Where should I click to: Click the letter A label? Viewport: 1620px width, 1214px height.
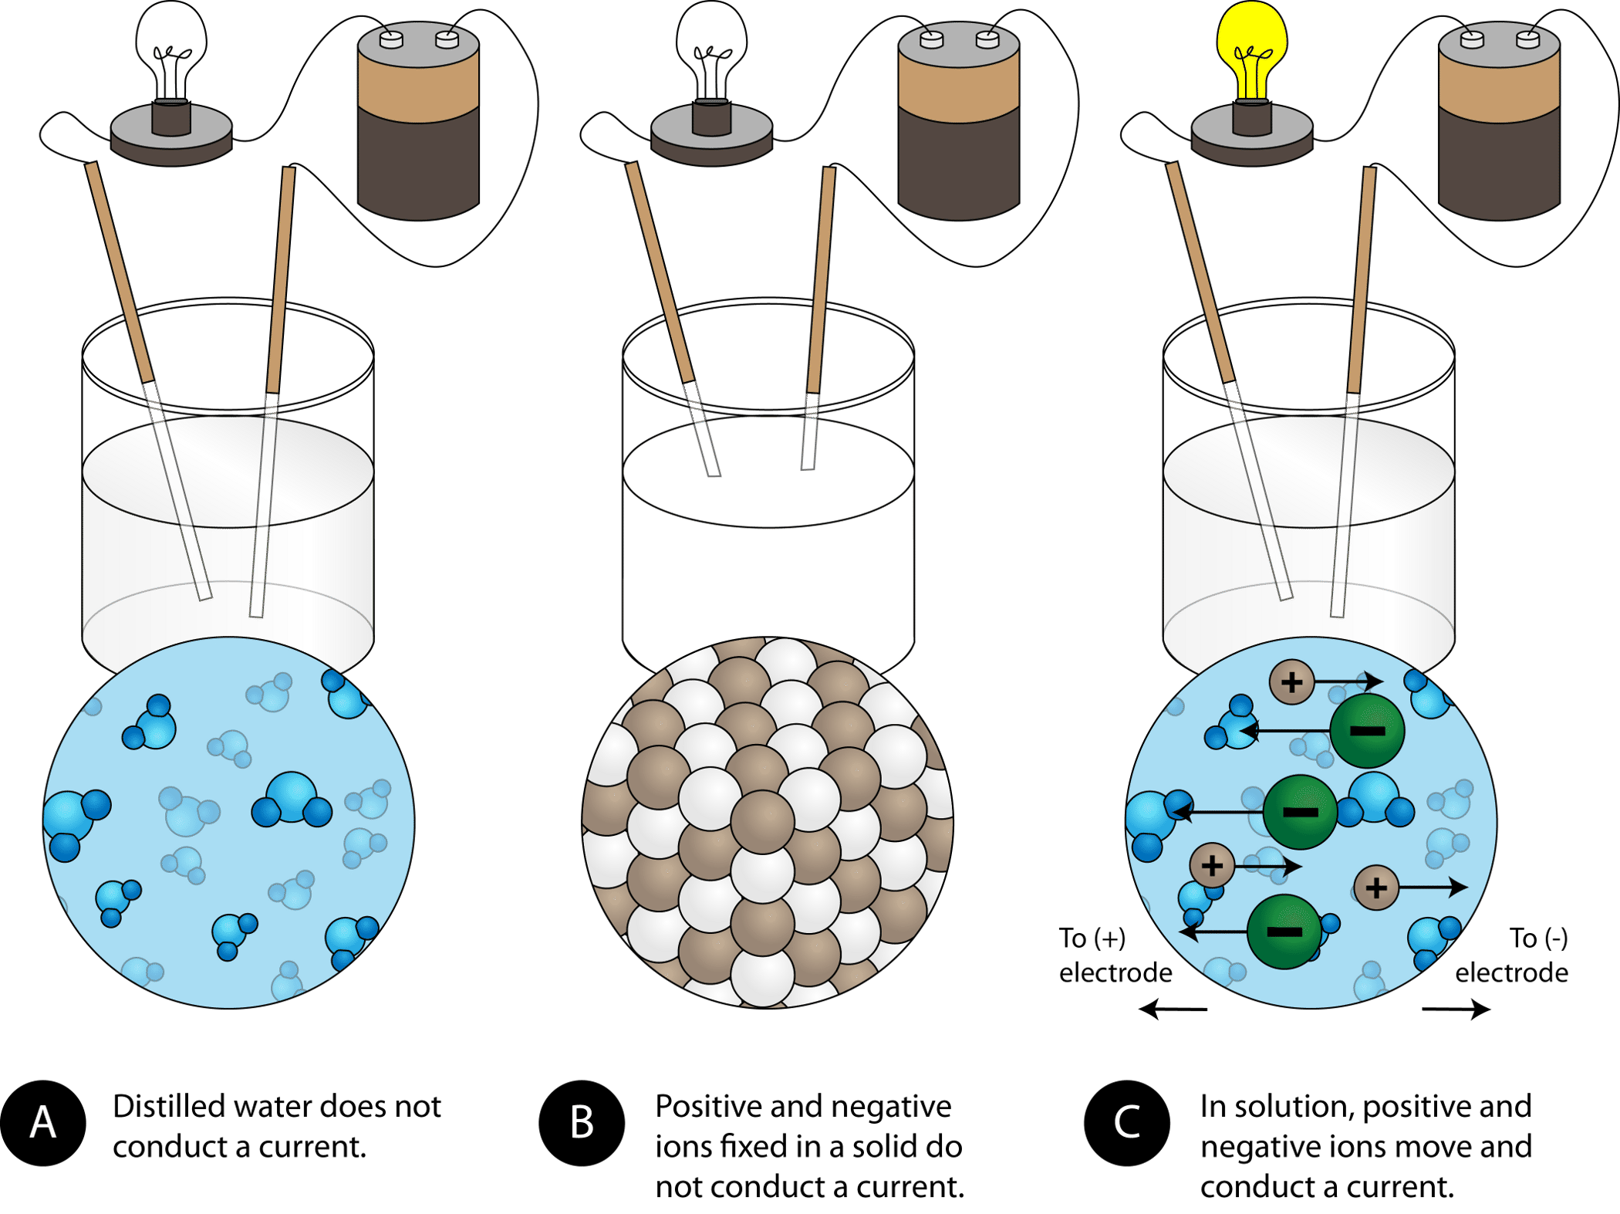pyautogui.click(x=43, y=1122)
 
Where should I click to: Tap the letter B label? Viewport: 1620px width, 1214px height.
pyautogui.click(x=582, y=1122)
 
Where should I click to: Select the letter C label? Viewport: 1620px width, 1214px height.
pyautogui.click(x=1126, y=1122)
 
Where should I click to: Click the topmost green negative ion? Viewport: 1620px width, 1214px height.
pyautogui.click(x=1367, y=730)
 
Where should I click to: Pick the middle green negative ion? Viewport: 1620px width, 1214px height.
pyautogui.click(x=1300, y=812)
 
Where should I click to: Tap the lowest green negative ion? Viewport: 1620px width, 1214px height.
pyautogui.click(x=1284, y=932)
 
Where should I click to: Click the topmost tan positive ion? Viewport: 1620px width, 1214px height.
pyautogui.click(x=1291, y=681)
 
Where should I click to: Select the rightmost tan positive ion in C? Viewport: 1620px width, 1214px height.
pyautogui.click(x=1376, y=888)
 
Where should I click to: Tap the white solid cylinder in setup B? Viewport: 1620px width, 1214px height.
pyautogui.click(x=768, y=556)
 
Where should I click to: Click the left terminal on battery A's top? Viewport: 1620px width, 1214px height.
pyautogui.click(x=391, y=39)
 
